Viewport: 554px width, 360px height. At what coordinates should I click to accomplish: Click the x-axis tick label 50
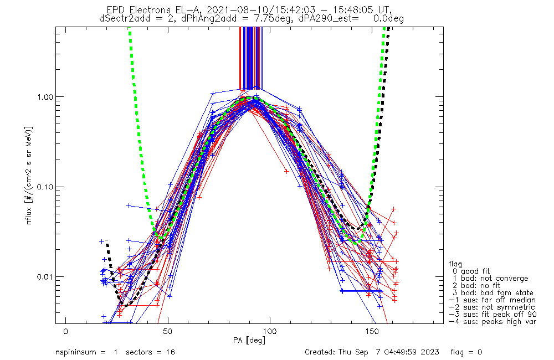[168, 331]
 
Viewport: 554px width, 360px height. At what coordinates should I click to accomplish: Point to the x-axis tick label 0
[66, 331]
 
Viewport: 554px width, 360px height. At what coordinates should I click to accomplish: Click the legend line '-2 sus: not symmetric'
[492, 307]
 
